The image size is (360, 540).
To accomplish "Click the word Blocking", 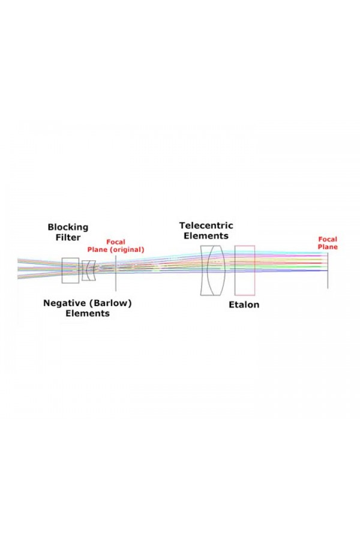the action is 68,227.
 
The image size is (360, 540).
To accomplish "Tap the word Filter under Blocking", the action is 68,238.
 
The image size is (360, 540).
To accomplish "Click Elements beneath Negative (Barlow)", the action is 88,313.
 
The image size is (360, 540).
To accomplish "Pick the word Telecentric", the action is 206,226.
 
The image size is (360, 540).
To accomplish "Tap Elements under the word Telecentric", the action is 206,236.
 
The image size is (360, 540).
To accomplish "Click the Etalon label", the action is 244,305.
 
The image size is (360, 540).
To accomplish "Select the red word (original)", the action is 127,250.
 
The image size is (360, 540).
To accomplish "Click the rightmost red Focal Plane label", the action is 328,243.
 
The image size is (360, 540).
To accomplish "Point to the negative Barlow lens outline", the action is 89,271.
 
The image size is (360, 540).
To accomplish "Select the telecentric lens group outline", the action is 201,271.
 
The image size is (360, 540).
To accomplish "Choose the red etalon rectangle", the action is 235,271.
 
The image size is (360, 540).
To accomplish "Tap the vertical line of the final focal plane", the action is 328,271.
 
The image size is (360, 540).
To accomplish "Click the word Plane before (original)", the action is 97,250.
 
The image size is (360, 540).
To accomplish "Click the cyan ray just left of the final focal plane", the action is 310,253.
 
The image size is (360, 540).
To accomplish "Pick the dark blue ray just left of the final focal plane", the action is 310,271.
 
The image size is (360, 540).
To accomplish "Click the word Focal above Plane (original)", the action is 116,242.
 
